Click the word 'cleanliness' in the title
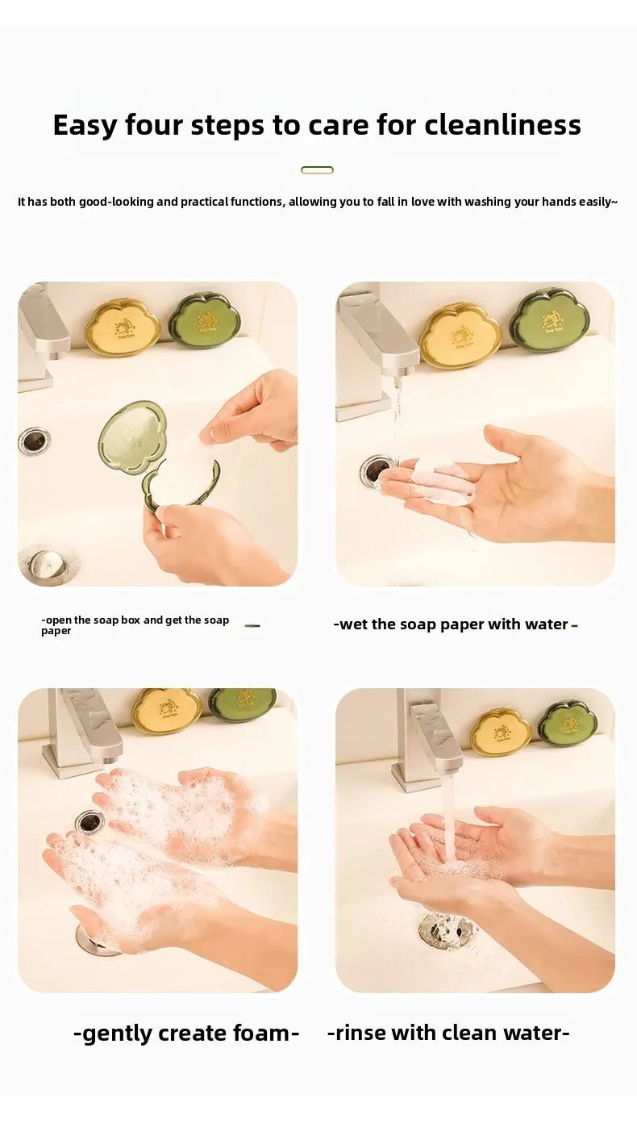[x=502, y=125]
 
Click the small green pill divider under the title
[x=317, y=169]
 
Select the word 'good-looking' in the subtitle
[x=116, y=202]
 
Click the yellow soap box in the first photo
[x=123, y=327]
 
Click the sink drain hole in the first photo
[x=34, y=440]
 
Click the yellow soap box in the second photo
[x=460, y=335]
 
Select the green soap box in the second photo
[x=549, y=320]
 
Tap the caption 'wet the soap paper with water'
[x=454, y=624]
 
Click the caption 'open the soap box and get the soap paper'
[x=135, y=625]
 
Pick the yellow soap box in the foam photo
[x=167, y=710]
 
